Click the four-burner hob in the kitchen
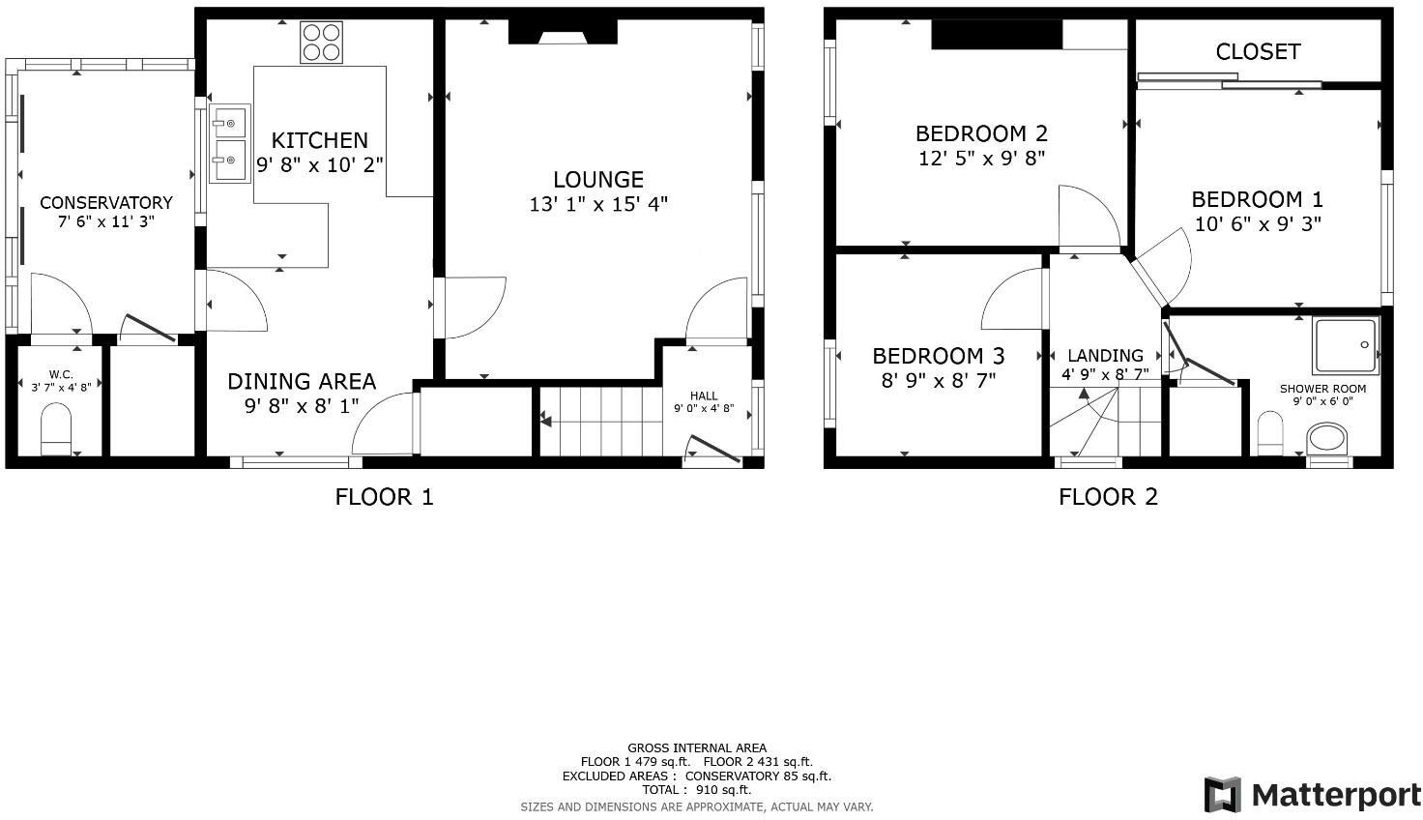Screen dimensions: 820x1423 321,43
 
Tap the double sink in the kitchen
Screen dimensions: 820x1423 230,144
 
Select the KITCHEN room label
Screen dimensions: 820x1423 319,140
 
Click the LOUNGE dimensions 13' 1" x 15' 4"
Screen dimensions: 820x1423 598,204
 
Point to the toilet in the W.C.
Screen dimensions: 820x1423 56,428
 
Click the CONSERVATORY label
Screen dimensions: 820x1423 105,202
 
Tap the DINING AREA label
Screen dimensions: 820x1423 301,381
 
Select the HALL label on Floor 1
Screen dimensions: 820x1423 704,395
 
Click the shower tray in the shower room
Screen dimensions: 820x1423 1345,345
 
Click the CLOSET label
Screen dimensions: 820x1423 1257,51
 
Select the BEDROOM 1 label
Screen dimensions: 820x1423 1257,199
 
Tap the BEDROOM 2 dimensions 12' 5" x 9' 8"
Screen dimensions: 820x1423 981,158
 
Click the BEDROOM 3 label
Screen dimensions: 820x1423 938,355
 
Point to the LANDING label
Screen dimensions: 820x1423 1105,355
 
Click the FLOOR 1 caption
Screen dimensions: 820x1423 384,497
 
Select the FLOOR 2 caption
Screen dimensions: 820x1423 1108,497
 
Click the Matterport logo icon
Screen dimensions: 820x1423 1223,795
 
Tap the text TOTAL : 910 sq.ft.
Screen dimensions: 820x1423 696,789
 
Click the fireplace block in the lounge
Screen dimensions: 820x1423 563,32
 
